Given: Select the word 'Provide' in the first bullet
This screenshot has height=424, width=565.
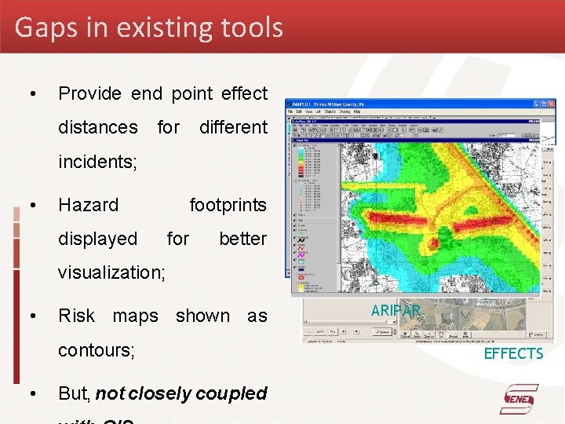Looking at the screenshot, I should (x=90, y=93).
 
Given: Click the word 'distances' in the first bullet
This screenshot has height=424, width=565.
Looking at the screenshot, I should (x=98, y=127).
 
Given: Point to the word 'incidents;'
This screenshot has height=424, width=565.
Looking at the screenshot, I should (x=98, y=162).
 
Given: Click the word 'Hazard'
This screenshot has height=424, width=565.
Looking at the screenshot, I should (x=89, y=205).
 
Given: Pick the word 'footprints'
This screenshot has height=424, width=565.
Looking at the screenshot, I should (x=228, y=205).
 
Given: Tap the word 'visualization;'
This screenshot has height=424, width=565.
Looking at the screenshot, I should (x=111, y=272).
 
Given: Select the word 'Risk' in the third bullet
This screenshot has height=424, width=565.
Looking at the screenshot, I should (x=77, y=316).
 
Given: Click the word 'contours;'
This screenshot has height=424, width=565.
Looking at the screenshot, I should (x=97, y=350).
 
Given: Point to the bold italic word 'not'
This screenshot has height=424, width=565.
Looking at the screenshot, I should (x=111, y=393).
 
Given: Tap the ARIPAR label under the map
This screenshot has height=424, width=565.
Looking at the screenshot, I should (x=395, y=311).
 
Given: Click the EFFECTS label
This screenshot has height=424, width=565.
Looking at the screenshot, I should (x=513, y=354).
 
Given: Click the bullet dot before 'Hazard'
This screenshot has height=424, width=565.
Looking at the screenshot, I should (x=32, y=206).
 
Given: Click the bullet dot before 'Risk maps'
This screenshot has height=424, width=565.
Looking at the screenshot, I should (x=32, y=316).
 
